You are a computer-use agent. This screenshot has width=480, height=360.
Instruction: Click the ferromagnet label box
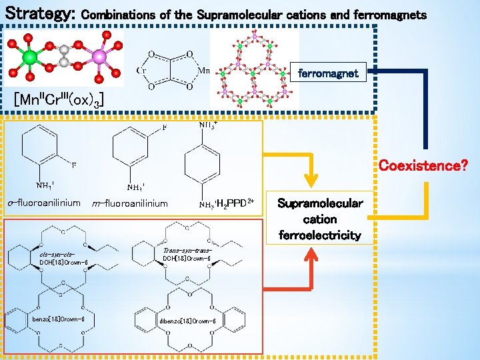(328, 73)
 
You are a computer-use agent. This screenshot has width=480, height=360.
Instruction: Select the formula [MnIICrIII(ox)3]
(59, 100)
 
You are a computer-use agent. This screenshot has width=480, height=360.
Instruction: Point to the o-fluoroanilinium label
(44, 203)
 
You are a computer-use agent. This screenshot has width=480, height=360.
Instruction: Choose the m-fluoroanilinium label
(131, 203)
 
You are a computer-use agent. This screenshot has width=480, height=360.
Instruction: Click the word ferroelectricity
(320, 235)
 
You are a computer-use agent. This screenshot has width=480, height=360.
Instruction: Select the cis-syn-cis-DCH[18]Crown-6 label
(63, 259)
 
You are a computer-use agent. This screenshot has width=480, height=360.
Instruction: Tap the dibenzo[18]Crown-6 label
(187, 321)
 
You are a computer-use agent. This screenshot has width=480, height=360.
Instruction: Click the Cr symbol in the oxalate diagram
(142, 70)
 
